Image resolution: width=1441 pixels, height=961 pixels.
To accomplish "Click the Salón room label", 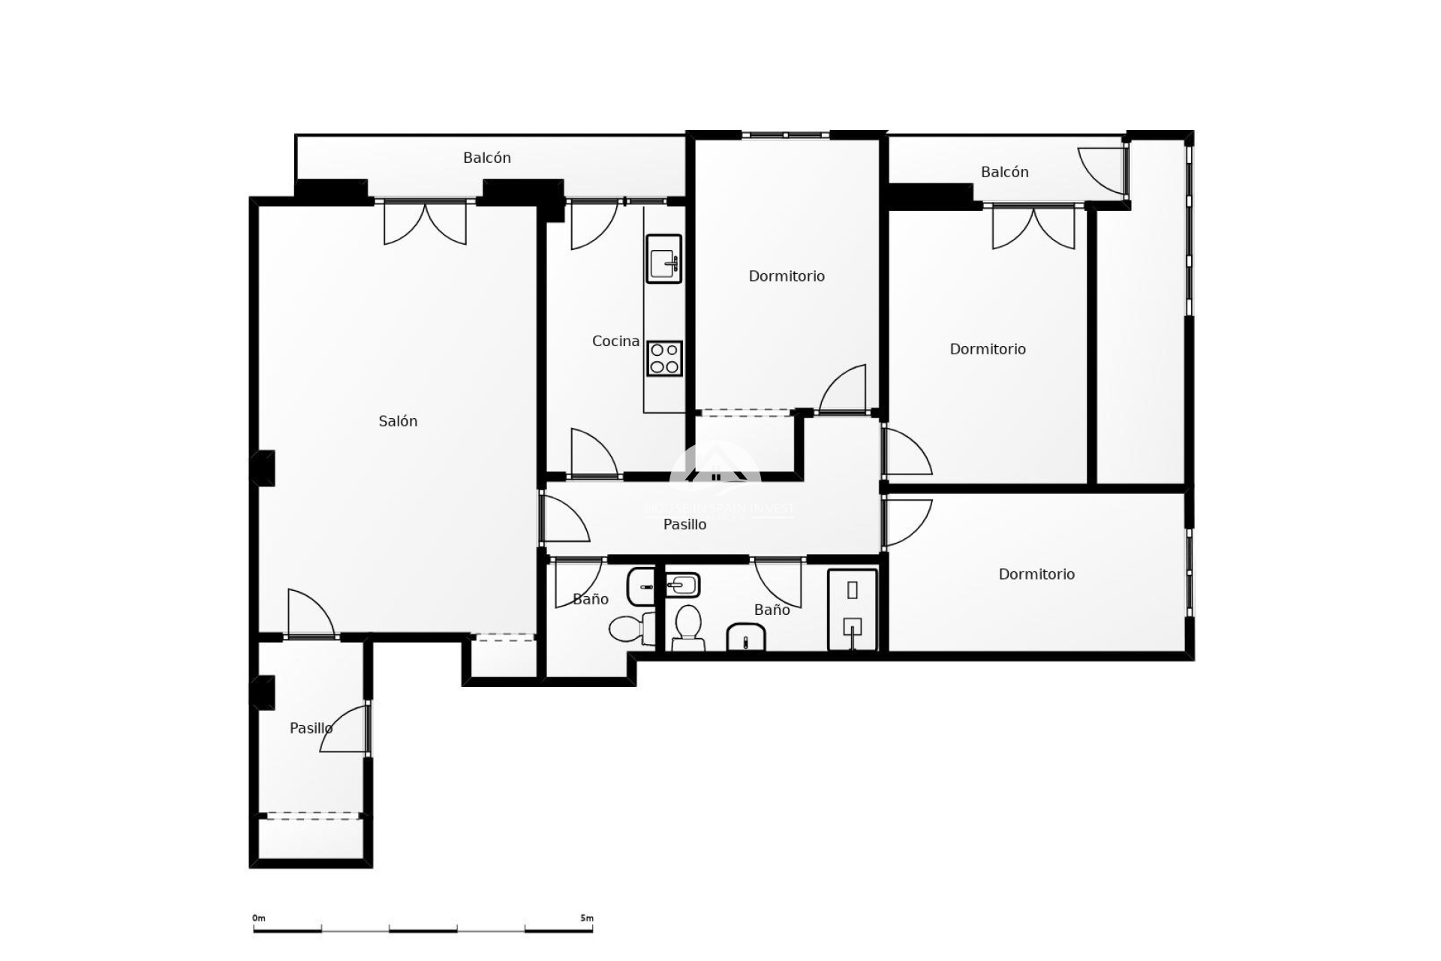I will coord(398,421).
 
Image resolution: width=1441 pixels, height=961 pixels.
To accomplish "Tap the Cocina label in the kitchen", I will coord(615,341).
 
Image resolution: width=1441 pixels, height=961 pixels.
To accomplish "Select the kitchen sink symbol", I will coord(664,259).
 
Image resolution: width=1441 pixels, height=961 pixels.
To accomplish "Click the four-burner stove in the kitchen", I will coord(664,358).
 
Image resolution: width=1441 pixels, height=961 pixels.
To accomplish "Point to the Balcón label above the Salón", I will coord(486,158).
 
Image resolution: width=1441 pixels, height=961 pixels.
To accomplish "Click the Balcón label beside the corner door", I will coord(1004,172).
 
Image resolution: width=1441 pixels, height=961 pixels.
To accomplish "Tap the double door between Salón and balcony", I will coord(425,222).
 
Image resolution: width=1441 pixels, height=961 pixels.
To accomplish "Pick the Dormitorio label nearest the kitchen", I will coord(787,276).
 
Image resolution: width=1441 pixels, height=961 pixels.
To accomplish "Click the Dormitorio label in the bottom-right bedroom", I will coord(1036,574).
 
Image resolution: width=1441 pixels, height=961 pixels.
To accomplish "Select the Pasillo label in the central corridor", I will coord(684,525).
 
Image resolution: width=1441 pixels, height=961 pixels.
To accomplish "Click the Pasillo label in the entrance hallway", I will coord(311,728).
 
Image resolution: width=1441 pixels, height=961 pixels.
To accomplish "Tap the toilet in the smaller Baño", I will coord(627,628).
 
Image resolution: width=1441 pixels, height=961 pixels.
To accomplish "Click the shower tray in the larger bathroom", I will coord(852,610).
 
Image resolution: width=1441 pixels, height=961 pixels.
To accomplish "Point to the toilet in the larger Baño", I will coord(687,627).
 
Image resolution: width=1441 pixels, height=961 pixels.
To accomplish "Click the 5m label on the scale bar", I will coord(586,918).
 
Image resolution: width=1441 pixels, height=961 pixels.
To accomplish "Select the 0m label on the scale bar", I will coord(259,918).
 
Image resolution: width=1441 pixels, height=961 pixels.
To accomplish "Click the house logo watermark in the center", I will coord(714,469).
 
